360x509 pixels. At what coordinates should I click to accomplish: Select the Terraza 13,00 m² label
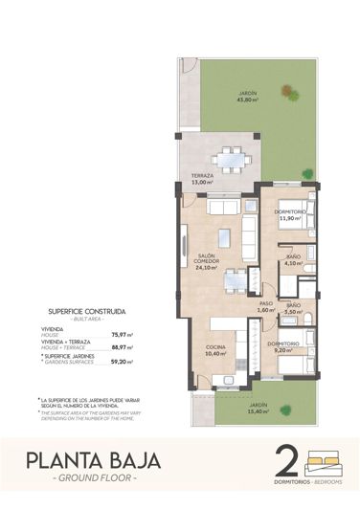click(x=201, y=179)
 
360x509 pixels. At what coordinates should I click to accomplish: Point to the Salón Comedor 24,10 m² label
click(x=205, y=262)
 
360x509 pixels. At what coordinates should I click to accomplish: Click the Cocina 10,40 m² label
click(x=215, y=350)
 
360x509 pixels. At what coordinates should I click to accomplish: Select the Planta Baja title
click(x=92, y=459)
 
